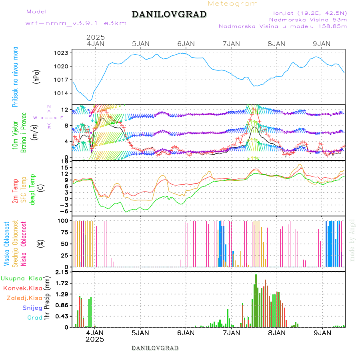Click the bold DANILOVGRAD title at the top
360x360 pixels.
click(x=169, y=14)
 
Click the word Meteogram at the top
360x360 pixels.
click(x=233, y=4)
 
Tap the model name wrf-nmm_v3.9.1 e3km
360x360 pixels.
click(x=76, y=23)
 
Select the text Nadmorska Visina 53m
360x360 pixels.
click(x=308, y=19)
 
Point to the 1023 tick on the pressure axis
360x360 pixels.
click(x=62, y=53)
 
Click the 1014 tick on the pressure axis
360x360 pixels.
click(x=62, y=93)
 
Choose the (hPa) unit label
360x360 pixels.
click(x=37, y=76)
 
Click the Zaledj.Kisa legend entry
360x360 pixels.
click(x=24, y=298)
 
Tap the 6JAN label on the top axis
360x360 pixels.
click(x=186, y=44)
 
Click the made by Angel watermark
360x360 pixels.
click(x=352, y=240)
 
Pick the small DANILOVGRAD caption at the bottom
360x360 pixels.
click(x=155, y=348)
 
